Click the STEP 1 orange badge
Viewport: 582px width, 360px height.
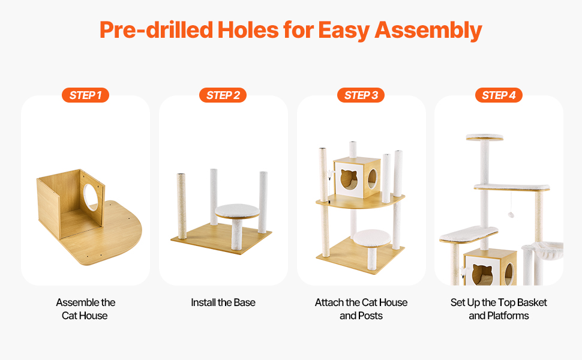click(x=85, y=95)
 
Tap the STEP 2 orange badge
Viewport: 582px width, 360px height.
click(x=223, y=95)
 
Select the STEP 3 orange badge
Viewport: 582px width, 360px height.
click(x=361, y=95)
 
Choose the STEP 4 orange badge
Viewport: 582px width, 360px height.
click(x=499, y=95)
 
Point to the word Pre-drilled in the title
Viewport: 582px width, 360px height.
click(x=156, y=29)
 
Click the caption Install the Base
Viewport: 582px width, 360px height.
click(x=223, y=302)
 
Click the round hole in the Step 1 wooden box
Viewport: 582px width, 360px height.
click(x=91, y=197)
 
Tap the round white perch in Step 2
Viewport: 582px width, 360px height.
click(x=238, y=211)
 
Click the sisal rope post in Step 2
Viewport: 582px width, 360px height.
click(x=182, y=206)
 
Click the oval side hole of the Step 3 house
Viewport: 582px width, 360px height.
click(x=372, y=178)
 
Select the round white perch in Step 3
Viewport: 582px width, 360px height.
click(x=372, y=238)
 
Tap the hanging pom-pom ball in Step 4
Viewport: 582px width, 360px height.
click(x=511, y=215)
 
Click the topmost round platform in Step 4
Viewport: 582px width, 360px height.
click(x=485, y=137)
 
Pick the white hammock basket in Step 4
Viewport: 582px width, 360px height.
click(x=545, y=251)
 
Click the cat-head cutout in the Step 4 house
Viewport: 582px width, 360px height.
click(x=482, y=275)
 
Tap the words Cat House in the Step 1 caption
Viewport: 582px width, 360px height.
click(x=85, y=316)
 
